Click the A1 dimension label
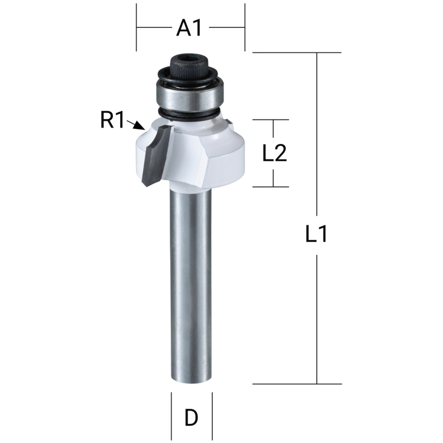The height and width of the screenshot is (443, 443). click(x=189, y=28)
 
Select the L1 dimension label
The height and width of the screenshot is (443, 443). click(x=316, y=234)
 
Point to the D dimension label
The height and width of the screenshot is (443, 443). click(x=191, y=417)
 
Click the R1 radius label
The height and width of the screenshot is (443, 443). click(x=113, y=120)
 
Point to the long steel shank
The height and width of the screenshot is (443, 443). click(x=190, y=288)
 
